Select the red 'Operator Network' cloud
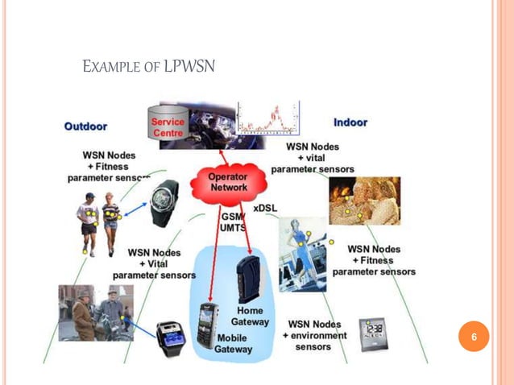tap(228, 184)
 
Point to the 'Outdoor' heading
tap(86, 126)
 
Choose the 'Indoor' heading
tap(350, 122)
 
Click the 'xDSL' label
tap(265, 208)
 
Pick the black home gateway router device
tap(247, 276)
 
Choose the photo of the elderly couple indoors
tap(364, 201)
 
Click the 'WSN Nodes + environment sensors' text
tap(314, 335)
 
